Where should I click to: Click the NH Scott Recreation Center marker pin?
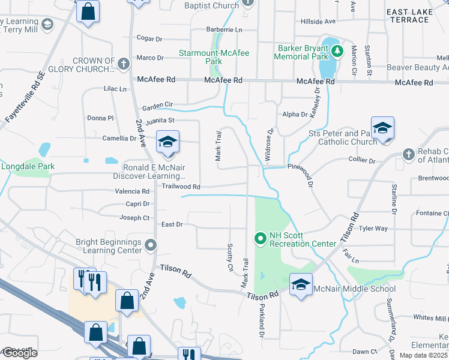[261, 239]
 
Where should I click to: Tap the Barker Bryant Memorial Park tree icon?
[337, 50]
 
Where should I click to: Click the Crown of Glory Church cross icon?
[124, 63]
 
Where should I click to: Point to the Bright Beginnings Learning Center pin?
[151, 245]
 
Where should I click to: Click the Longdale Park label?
[28, 166]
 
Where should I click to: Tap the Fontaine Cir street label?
[433, 213]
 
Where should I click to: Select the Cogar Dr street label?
[149, 38]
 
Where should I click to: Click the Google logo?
[20, 353]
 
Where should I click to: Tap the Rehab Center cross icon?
[408, 154]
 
